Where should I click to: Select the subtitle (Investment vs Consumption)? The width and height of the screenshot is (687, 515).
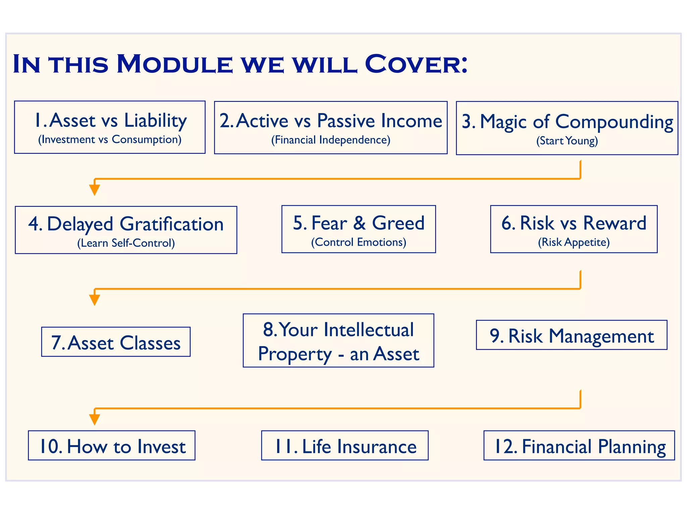110,139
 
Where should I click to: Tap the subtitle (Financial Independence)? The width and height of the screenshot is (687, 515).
330,140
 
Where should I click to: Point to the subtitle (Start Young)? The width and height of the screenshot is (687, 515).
567,141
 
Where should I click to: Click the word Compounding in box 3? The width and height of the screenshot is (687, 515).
614,122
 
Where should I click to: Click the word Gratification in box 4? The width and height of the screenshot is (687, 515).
171,224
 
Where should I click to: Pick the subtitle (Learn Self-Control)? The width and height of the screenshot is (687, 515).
126,243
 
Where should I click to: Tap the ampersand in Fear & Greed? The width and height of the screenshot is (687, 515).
359,223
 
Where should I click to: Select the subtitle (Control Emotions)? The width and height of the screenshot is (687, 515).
358,242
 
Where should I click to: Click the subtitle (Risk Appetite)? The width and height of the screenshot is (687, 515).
574,242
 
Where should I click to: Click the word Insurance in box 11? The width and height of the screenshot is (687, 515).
376,447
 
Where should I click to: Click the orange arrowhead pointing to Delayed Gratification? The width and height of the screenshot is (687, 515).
95,190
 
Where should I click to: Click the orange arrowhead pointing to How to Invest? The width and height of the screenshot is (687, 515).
95,419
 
